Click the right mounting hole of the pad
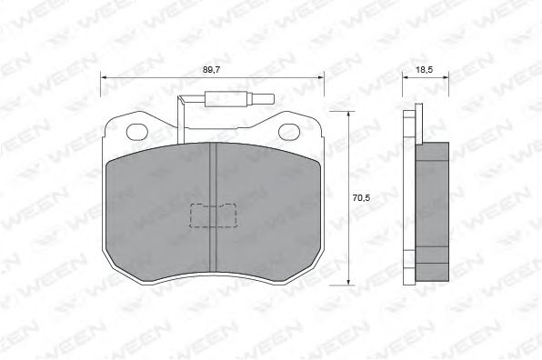pyautogui.click(x=288, y=130)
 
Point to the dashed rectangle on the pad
pyautogui.click(x=212, y=216)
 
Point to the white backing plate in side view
pyautogui.click(x=411, y=195)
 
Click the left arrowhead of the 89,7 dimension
pyautogui.click(x=103, y=79)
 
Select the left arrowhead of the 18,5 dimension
pyautogui.click(x=406, y=79)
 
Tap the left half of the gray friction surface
pyautogui.click(x=159, y=214)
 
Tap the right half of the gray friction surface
pyautogui.click(x=268, y=214)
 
